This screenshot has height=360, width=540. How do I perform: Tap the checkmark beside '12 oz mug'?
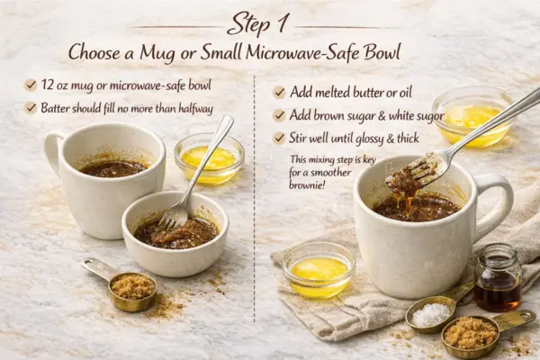tap(30, 85)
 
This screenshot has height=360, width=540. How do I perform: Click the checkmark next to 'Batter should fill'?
tap(30, 108)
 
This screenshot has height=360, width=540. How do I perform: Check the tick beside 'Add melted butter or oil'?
tap(279, 93)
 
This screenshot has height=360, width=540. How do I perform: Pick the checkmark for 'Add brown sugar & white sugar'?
tap(279, 115)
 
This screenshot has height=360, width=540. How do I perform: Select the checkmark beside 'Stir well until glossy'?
tap(279, 139)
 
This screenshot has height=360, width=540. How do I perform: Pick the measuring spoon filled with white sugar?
tap(429, 314)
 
